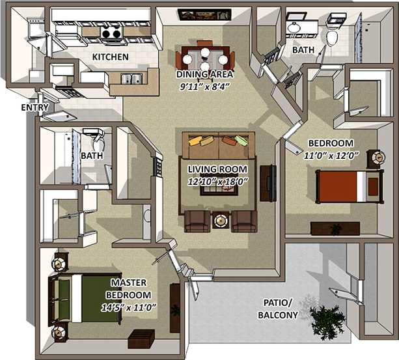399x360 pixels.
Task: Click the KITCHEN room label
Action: point(110,57)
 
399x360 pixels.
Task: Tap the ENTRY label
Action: point(34,107)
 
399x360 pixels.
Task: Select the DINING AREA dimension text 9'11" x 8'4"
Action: point(204,85)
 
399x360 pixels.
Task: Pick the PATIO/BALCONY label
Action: point(278,309)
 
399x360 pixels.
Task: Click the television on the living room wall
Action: point(268,184)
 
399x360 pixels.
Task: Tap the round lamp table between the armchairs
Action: point(221,221)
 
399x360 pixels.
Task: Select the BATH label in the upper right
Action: point(303,49)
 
